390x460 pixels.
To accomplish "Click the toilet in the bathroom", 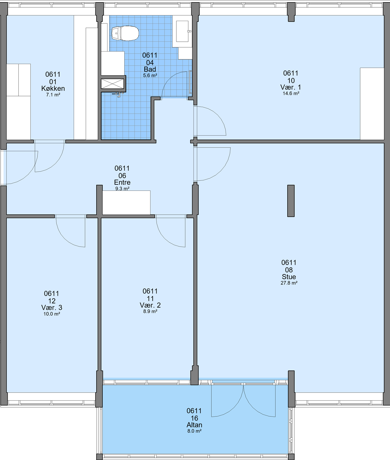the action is point(125,34).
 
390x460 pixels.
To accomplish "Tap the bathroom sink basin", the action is point(183,31).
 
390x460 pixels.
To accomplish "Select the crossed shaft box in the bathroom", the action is point(113,84).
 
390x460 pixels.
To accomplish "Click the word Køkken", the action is point(53,88).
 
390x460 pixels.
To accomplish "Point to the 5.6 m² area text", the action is point(150,75).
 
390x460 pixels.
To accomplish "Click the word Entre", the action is point(122,182).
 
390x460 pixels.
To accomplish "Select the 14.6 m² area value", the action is point(291,94).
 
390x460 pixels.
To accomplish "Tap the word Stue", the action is point(289,276).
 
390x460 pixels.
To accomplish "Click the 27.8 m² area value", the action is point(289,283).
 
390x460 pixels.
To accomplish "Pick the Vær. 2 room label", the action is point(150,305).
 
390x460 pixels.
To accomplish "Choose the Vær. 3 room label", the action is point(51,308).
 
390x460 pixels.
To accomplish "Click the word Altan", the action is point(194,425).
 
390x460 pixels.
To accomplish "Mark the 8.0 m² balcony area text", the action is point(194,431).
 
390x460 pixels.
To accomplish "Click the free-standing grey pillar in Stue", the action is point(291,201).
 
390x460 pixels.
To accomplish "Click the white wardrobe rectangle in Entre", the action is point(126,202).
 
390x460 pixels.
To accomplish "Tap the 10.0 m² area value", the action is point(51,314).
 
